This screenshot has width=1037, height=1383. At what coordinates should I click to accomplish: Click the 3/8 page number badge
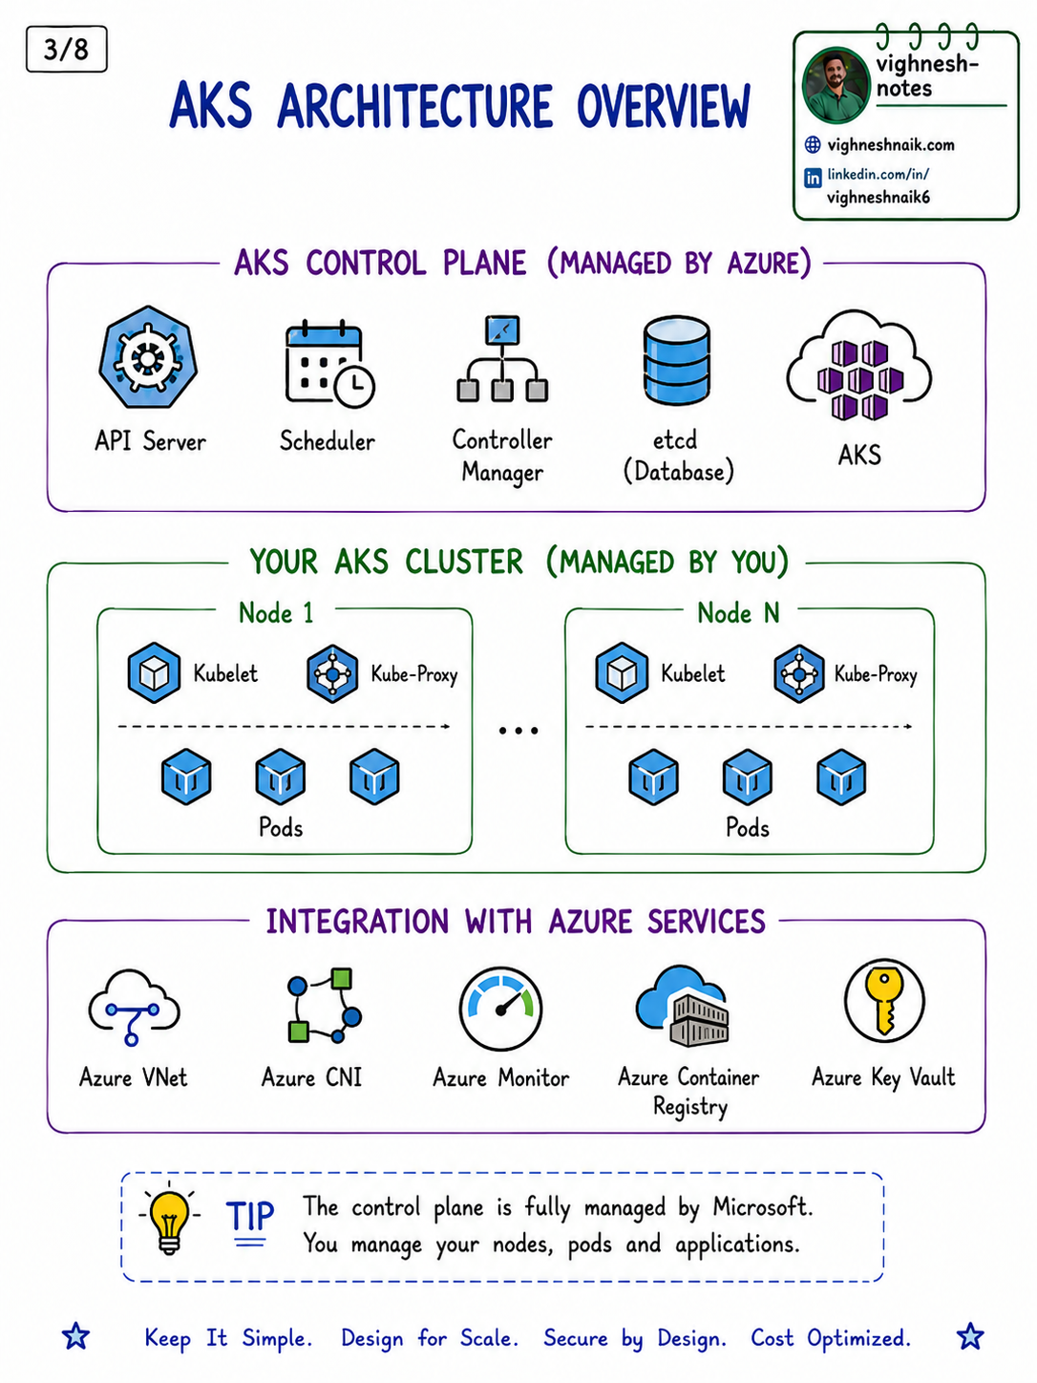[66, 49]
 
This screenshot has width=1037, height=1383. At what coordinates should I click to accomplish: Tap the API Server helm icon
[148, 358]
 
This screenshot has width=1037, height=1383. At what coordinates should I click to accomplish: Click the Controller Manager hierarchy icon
[502, 358]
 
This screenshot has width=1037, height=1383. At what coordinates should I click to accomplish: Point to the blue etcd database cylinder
[676, 360]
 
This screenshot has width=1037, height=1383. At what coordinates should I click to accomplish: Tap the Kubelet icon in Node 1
[154, 673]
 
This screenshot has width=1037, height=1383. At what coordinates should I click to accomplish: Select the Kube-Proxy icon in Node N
[798, 673]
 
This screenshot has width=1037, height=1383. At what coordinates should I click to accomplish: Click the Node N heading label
[738, 612]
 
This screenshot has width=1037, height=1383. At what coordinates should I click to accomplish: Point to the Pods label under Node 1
[281, 827]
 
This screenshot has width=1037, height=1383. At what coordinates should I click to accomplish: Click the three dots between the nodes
[518, 731]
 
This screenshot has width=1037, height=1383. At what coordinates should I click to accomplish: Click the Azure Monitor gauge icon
[500, 1009]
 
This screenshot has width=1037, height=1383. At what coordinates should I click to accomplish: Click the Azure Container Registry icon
[683, 1006]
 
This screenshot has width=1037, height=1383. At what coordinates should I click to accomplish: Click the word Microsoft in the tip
[763, 1206]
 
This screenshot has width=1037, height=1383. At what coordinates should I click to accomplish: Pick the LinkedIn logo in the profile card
[813, 178]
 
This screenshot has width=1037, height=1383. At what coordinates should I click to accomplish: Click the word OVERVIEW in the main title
[664, 105]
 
